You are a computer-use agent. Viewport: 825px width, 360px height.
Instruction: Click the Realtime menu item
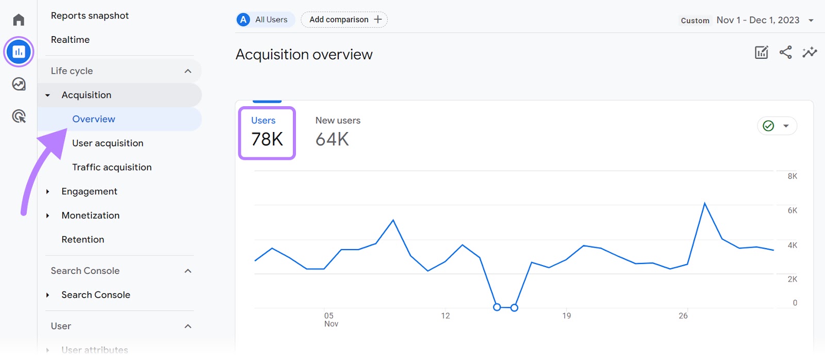pyautogui.click(x=70, y=40)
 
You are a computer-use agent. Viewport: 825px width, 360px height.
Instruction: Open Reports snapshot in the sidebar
pyautogui.click(x=90, y=15)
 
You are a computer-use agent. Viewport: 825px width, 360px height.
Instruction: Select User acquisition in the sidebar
pyautogui.click(x=108, y=143)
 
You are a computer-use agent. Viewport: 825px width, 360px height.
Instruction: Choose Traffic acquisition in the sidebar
pyautogui.click(x=112, y=167)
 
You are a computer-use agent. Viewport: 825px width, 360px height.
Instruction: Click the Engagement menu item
pyautogui.click(x=89, y=191)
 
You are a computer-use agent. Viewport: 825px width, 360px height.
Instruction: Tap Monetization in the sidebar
pyautogui.click(x=90, y=216)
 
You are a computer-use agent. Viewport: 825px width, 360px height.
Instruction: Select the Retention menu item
pyautogui.click(x=82, y=239)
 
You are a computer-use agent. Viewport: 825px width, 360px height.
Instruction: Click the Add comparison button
pyautogui.click(x=344, y=20)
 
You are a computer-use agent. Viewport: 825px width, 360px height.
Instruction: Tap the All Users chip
pyautogui.click(x=265, y=20)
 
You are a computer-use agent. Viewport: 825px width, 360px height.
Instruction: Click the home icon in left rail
pyautogui.click(x=19, y=20)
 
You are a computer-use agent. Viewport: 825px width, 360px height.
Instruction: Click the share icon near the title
pyautogui.click(x=785, y=52)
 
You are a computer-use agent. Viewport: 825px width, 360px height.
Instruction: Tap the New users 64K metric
pyautogui.click(x=337, y=132)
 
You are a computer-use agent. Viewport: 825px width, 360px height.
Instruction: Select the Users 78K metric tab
pyautogui.click(x=267, y=133)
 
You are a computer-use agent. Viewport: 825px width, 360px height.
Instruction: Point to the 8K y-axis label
pyautogui.click(x=792, y=176)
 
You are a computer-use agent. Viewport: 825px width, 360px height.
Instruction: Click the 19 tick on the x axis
pyautogui.click(x=567, y=316)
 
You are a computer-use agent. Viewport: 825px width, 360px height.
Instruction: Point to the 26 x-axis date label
pyautogui.click(x=683, y=316)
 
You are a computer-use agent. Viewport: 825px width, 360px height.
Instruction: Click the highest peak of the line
pyautogui.click(x=704, y=204)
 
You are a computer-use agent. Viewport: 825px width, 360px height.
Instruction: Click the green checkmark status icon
pyautogui.click(x=768, y=126)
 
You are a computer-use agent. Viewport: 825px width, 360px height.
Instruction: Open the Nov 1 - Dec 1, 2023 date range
pyautogui.click(x=758, y=20)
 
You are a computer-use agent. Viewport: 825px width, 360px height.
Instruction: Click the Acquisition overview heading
pyautogui.click(x=304, y=55)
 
